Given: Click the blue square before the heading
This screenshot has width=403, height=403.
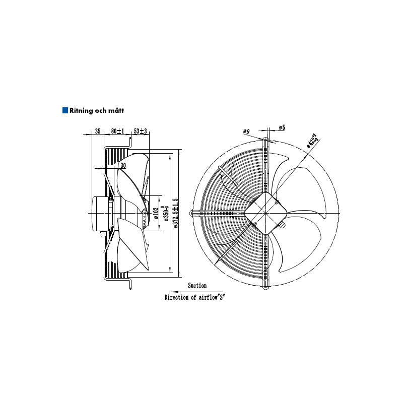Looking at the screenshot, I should [x=65, y=110].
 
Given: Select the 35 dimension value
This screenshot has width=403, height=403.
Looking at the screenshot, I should [x=98, y=131].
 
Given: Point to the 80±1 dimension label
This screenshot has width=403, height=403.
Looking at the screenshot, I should [x=117, y=131].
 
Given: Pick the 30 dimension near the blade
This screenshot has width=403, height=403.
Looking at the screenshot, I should [x=123, y=165].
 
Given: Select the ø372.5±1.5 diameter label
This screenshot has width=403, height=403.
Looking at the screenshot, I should [x=175, y=213].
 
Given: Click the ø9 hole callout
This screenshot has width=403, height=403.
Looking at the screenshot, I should [x=246, y=131].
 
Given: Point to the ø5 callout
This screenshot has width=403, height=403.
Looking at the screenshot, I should [x=282, y=128].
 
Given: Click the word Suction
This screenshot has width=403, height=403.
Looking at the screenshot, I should [x=197, y=286].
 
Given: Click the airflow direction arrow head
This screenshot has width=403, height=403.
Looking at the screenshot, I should [x=173, y=291].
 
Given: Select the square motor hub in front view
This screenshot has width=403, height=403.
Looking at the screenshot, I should [x=263, y=212].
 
